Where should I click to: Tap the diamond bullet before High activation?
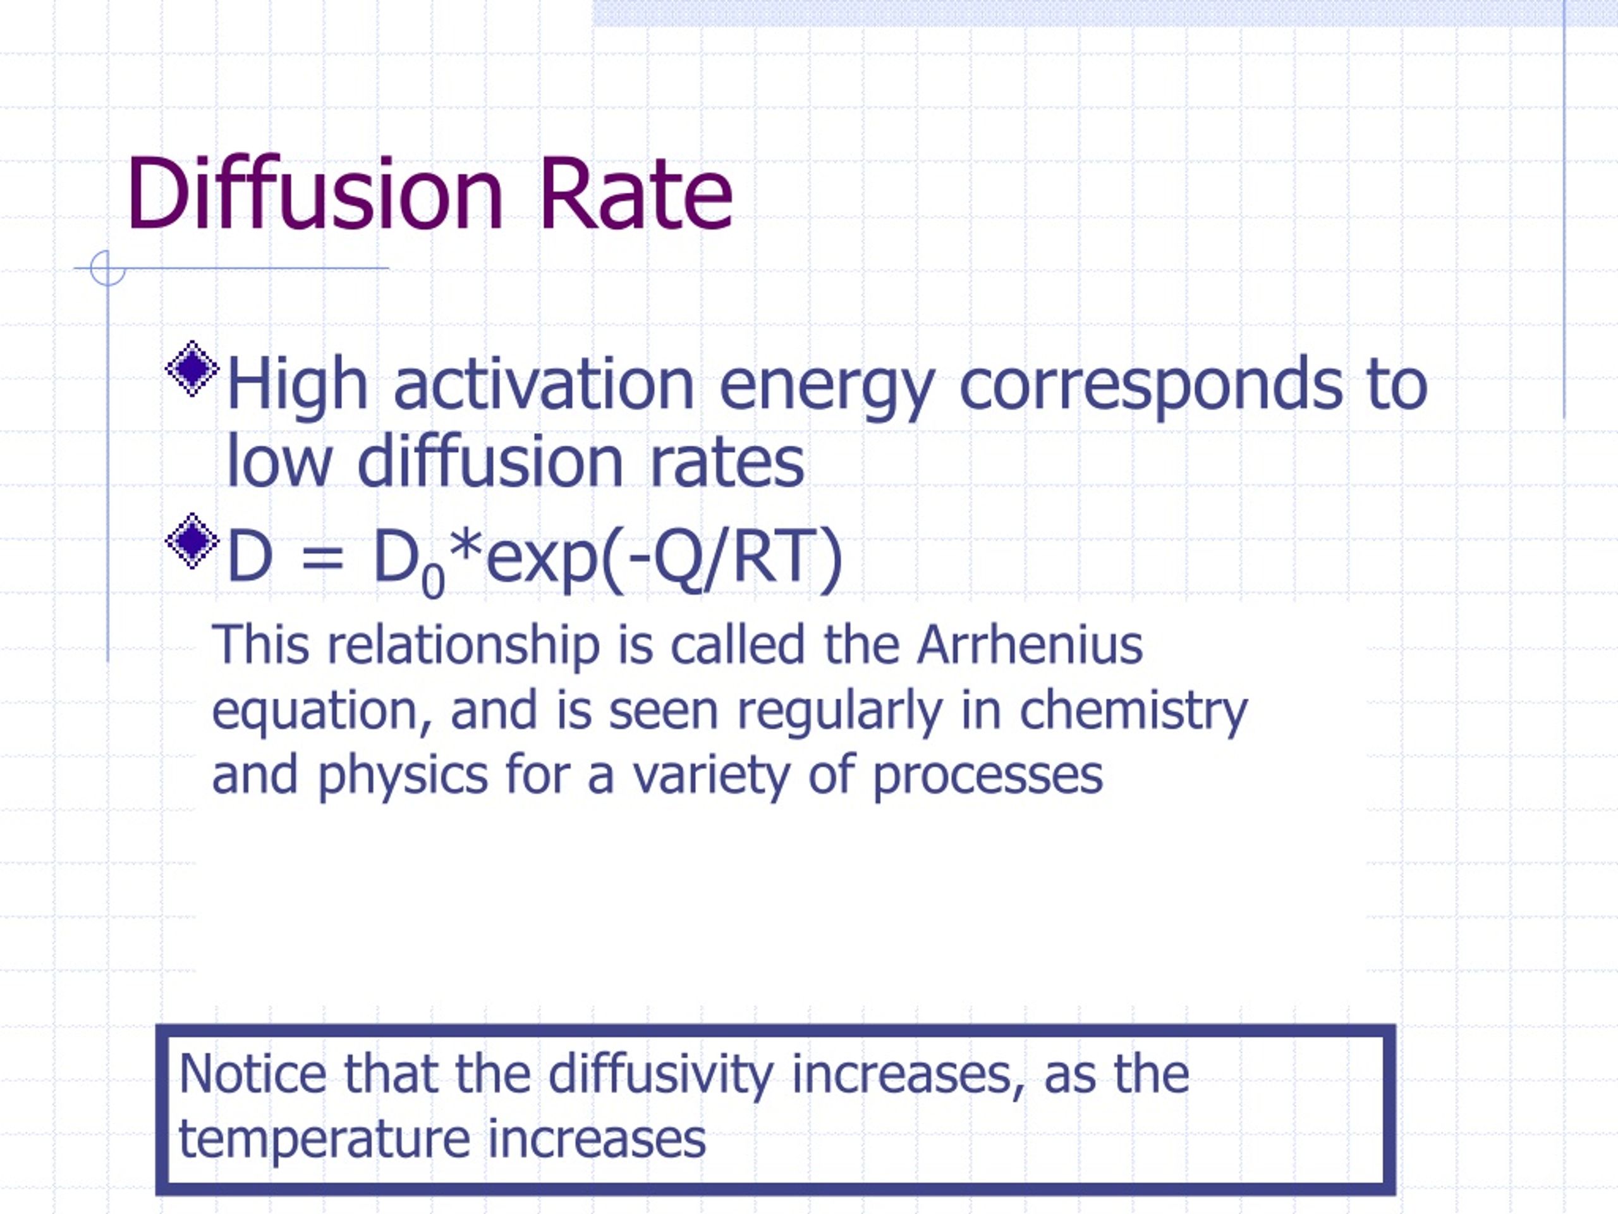pos(192,368)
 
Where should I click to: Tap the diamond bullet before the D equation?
pos(192,541)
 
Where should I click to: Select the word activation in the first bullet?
pos(544,385)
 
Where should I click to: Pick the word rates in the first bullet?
pos(726,463)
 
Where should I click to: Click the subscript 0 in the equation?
pos(433,582)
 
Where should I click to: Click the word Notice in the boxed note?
pos(252,1074)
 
